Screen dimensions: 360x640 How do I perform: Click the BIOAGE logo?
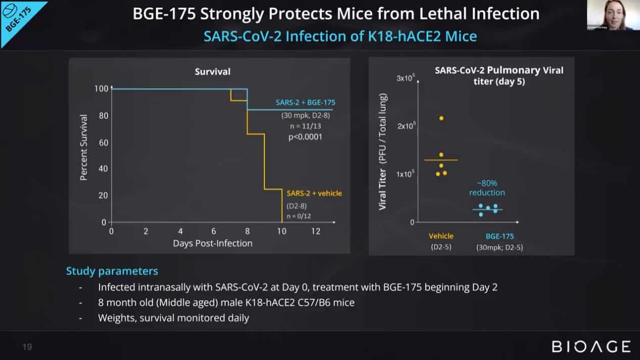(591, 346)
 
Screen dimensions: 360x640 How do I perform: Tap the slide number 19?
(27, 347)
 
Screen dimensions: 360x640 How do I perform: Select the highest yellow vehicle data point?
(441, 118)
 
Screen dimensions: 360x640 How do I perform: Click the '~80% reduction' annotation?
(487, 188)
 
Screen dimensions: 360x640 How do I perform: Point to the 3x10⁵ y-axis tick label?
(405, 78)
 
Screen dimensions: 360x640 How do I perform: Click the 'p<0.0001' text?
(305, 137)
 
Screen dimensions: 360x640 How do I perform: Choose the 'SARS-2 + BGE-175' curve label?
(304, 102)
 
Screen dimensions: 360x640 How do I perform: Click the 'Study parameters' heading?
(112, 271)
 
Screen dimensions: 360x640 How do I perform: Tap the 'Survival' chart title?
(212, 72)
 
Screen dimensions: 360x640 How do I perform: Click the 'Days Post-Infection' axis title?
(212, 243)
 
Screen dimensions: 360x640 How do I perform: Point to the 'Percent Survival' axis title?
(84, 148)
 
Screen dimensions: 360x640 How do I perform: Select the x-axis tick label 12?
(315, 231)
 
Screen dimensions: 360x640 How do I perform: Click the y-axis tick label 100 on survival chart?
(101, 89)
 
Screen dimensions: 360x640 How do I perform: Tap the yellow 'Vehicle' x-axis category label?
(441, 236)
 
